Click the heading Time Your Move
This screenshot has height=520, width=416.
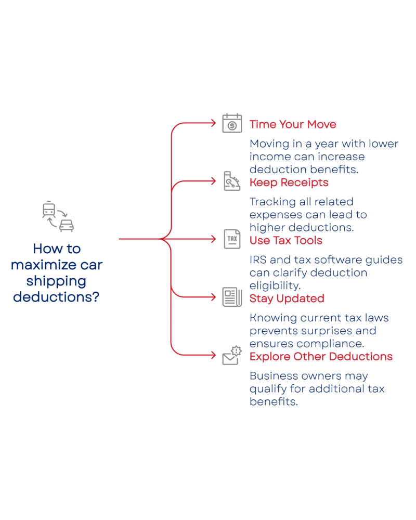293,125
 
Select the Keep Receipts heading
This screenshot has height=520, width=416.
289,183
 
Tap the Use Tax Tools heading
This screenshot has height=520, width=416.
287,241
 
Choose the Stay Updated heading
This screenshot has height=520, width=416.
287,298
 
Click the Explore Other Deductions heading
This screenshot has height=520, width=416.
321,357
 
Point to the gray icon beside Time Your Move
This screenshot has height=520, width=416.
232,123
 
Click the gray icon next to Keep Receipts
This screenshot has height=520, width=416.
230,181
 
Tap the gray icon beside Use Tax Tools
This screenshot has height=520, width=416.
230,239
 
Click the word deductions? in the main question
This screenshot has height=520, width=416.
56,297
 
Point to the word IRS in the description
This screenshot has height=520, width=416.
256,259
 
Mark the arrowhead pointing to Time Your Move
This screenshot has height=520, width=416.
212,124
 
